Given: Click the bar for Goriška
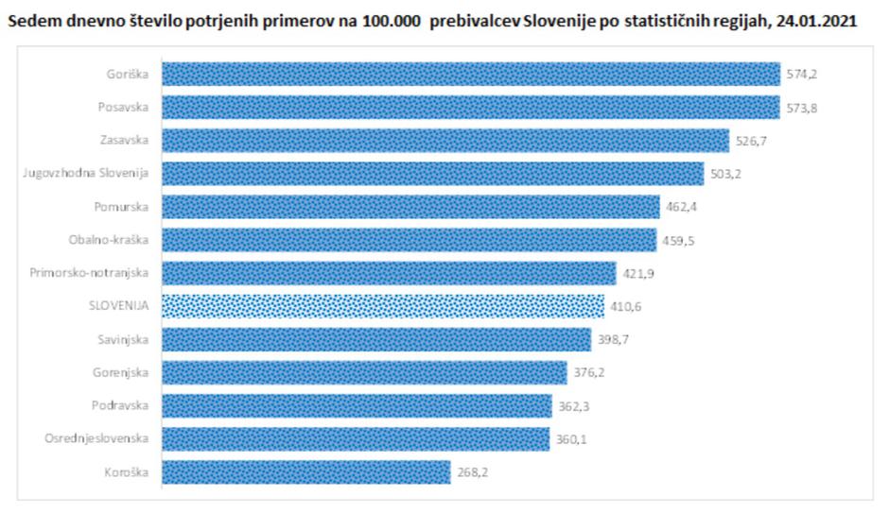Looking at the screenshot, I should [x=470, y=75].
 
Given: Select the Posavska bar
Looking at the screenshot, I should [x=470, y=108].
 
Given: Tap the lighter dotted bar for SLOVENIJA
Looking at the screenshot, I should [x=382, y=306].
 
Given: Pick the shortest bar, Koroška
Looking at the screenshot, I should [x=305, y=471].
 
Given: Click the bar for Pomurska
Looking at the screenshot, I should [x=410, y=207].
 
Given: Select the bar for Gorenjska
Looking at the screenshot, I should [x=364, y=372].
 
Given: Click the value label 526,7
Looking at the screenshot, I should [x=754, y=141].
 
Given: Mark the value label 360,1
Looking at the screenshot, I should [x=569, y=438].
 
